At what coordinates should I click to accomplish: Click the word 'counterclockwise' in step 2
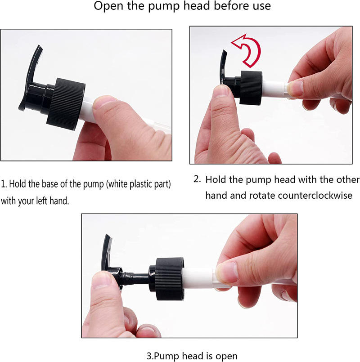click(315, 196)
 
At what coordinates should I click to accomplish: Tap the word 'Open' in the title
click(108, 6)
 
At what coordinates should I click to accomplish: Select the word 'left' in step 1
click(42, 201)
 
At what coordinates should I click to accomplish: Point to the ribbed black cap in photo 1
click(66, 104)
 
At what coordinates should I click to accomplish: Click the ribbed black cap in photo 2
click(251, 88)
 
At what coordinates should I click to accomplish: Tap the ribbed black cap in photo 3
click(170, 279)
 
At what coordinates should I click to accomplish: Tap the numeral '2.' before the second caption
click(197, 179)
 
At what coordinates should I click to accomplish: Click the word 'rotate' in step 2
click(262, 196)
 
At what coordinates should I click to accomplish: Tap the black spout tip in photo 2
click(224, 53)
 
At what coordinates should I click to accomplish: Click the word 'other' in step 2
click(348, 179)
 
